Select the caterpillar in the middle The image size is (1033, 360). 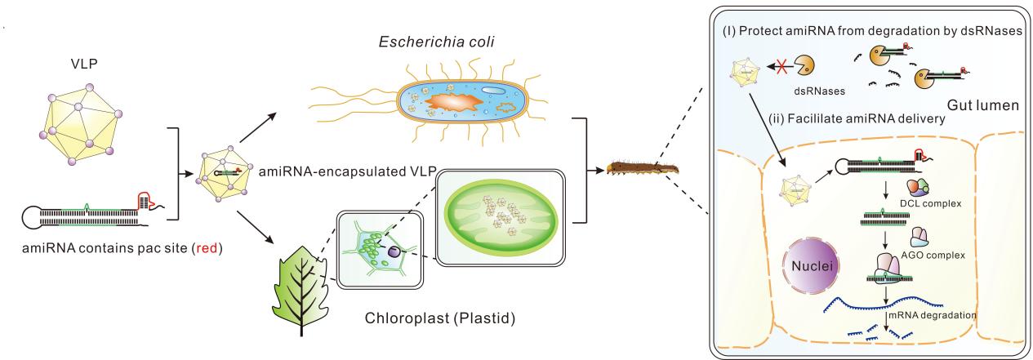click(x=641, y=171)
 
